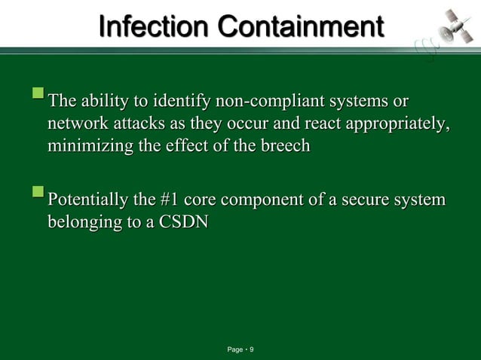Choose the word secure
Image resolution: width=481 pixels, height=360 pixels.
(374, 201)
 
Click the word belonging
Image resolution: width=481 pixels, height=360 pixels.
(83, 224)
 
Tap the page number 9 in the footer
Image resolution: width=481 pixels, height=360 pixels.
(251, 350)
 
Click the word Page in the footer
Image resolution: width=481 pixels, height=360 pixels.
(235, 350)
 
